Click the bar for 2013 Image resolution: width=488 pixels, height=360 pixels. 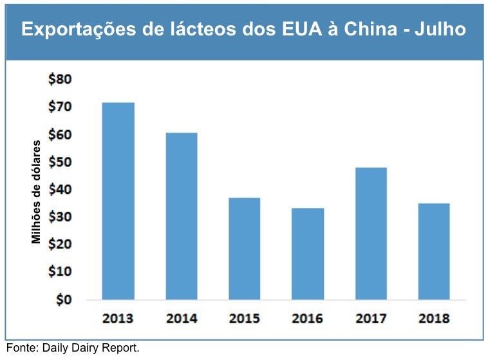pos(118,201)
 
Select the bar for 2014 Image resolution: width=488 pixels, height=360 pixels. pos(181,216)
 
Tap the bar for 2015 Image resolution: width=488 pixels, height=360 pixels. pos(244,248)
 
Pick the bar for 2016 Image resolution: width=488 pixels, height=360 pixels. pos(307,253)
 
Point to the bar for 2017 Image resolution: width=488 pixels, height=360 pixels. pos(370,233)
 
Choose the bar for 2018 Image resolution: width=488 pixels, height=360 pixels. pos(433,251)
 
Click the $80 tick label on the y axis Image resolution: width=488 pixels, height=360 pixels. pos(61,80)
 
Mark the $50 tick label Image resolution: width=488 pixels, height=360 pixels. pos(61,162)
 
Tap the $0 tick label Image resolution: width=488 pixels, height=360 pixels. pos(64,299)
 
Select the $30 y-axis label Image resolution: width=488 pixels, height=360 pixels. pos(61,217)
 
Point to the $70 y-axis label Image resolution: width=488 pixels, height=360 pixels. pos(61,107)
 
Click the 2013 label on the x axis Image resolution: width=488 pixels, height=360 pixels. pos(118,319)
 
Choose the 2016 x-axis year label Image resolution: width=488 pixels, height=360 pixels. pos(307,319)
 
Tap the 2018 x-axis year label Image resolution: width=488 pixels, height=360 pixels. pos(433,319)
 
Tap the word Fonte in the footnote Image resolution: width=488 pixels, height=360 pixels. pos(21,348)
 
